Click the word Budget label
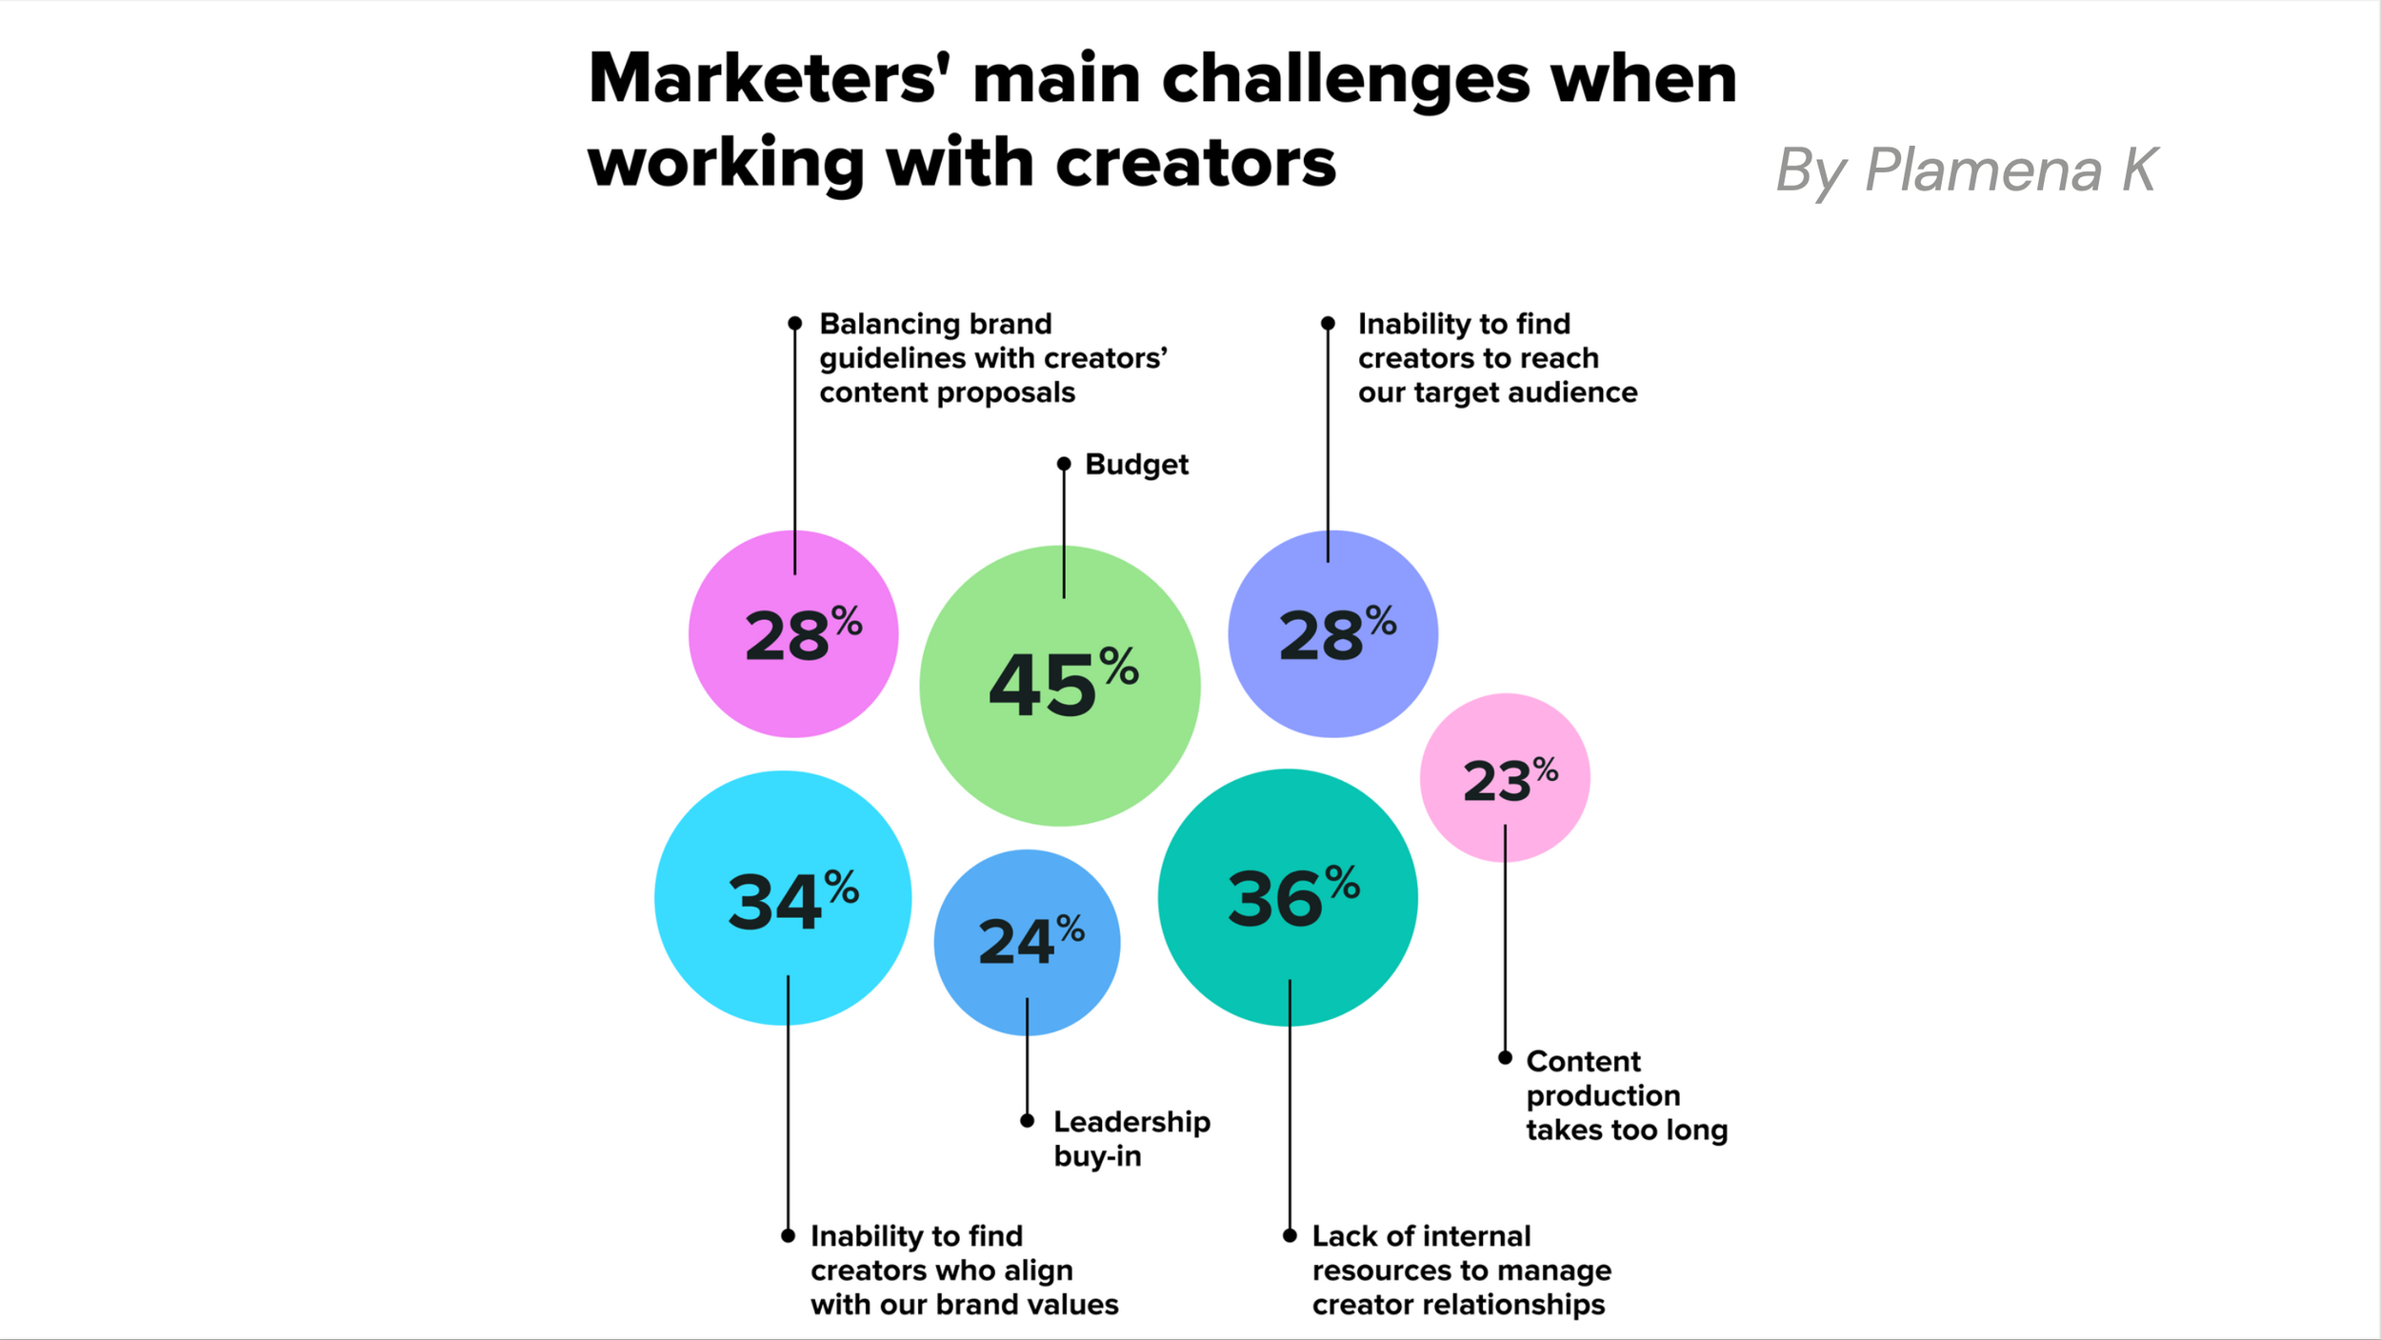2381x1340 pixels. click(x=1136, y=465)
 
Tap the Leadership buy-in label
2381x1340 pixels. click(x=1131, y=1139)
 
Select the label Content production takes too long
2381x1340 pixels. click(x=1626, y=1095)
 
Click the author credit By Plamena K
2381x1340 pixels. click(x=1967, y=170)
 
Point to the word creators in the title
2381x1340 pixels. click(x=1195, y=164)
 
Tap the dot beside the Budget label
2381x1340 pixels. click(x=1064, y=464)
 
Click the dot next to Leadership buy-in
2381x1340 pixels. click(x=1027, y=1121)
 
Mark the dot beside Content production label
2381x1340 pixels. click(x=1505, y=1058)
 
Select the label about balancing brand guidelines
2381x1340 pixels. click(x=992, y=358)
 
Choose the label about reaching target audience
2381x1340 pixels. click(x=1497, y=358)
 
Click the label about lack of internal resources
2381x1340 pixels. click(x=1461, y=1270)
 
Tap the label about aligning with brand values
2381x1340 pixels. click(x=964, y=1270)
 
